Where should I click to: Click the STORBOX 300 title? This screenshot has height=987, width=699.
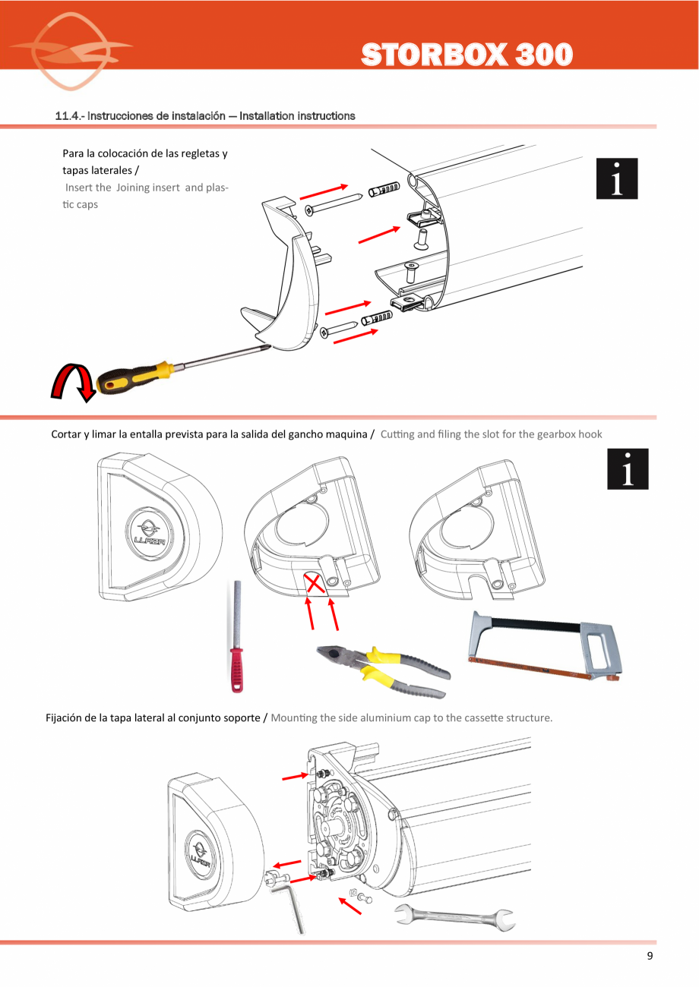(466, 55)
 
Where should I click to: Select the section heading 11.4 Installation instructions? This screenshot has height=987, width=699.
(205, 116)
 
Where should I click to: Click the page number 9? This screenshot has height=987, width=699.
(650, 956)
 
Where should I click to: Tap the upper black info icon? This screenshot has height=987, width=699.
(616, 180)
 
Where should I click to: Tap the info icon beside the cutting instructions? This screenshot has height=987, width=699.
(628, 469)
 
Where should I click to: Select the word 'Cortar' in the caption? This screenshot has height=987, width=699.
(68, 435)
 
